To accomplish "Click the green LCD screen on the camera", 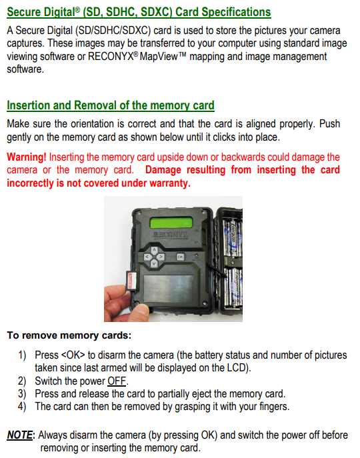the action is pyautogui.click(x=171, y=223).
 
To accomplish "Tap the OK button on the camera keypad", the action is pyautogui.click(x=180, y=257).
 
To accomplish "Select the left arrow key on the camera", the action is pyautogui.click(x=147, y=257).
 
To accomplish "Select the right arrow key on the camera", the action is pyautogui.click(x=161, y=257).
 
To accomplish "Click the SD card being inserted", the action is pyautogui.click(x=131, y=281).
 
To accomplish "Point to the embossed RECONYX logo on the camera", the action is pyautogui.click(x=171, y=235).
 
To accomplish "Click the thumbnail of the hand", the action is pyautogui.click(x=126, y=304).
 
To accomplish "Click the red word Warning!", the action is pyautogui.click(x=27, y=157).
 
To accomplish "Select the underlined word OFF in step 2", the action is pyautogui.click(x=117, y=381).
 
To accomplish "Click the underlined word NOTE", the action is pyautogui.click(x=19, y=435).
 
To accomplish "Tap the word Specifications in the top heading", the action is pyautogui.click(x=236, y=12).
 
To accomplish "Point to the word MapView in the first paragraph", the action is pyautogui.click(x=159, y=56).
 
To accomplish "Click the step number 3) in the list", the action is pyautogui.click(x=22, y=394).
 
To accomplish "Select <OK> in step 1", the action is pyautogui.click(x=73, y=355).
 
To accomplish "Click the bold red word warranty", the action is pyautogui.click(x=170, y=183).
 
